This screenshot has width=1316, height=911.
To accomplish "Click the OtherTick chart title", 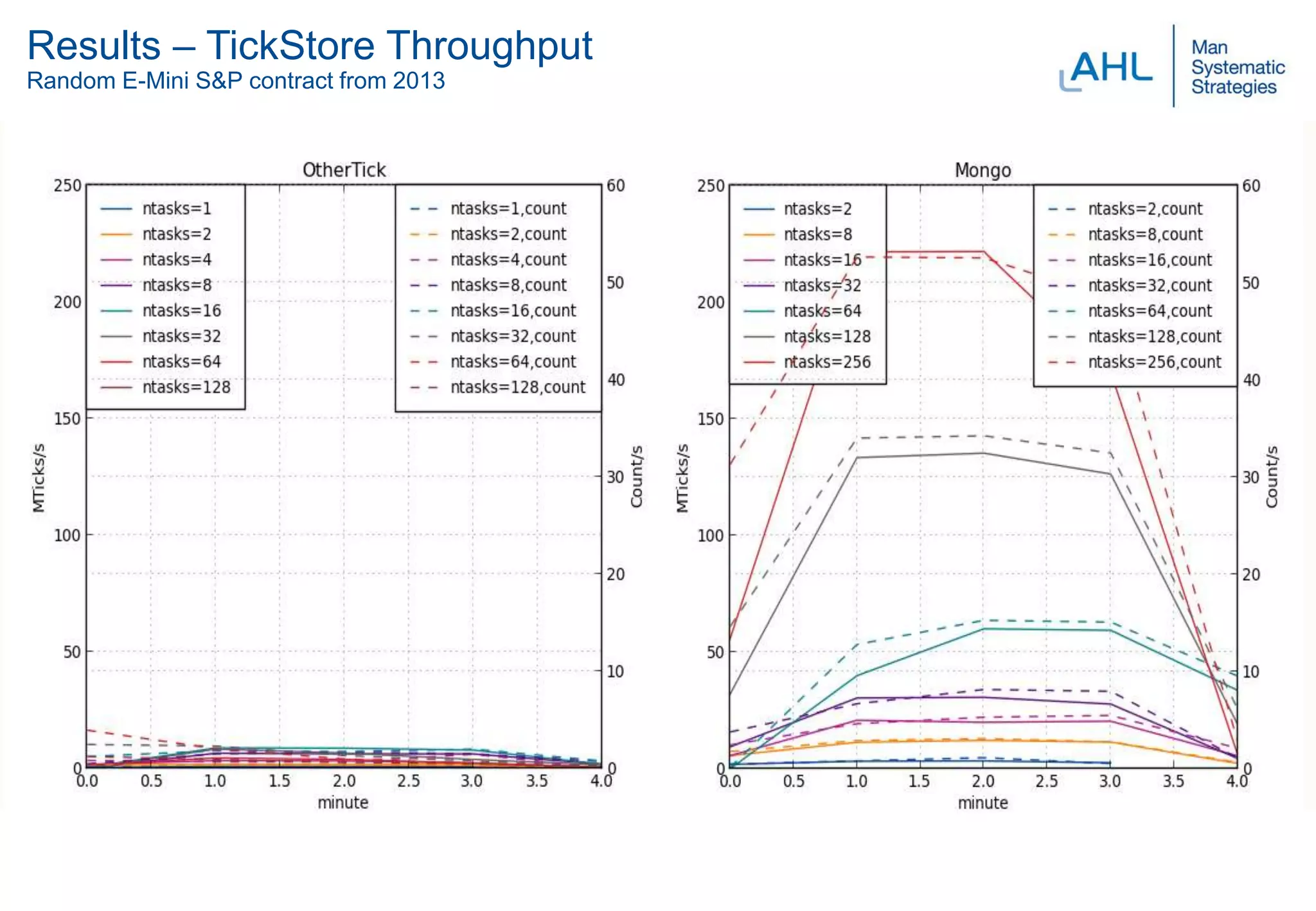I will [344, 170].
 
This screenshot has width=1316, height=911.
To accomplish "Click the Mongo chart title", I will [983, 171].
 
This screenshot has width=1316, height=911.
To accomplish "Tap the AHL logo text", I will [1110, 67].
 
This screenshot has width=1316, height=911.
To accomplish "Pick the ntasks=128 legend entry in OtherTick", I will [186, 387].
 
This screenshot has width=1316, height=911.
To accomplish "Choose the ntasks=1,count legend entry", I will [508, 209].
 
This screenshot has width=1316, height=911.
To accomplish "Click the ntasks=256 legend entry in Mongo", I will [826, 362].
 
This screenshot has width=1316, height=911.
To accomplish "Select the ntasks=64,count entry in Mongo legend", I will [1149, 311].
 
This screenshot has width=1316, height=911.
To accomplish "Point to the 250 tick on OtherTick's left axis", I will [67, 186].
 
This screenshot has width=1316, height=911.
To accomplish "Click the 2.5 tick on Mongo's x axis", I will [1046, 781].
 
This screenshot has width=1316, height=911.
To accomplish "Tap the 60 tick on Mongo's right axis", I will [1251, 186].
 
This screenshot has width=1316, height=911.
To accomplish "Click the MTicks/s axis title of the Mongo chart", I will [682, 477].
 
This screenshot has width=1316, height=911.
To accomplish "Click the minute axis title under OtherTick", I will [342, 803].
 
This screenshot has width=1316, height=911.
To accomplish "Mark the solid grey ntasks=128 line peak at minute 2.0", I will [983, 454].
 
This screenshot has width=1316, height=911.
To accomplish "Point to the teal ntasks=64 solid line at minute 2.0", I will [983, 629].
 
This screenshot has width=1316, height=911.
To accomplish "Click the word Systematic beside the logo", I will [1238, 67].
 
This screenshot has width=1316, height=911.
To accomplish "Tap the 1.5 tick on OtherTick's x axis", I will [279, 781].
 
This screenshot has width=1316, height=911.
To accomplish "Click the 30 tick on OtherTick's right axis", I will [616, 477].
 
